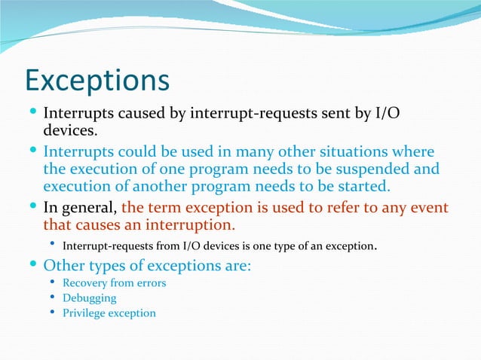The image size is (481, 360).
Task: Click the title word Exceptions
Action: pos(97,81)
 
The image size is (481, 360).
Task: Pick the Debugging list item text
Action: pos(89,298)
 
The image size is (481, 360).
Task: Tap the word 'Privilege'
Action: pos(86,313)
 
